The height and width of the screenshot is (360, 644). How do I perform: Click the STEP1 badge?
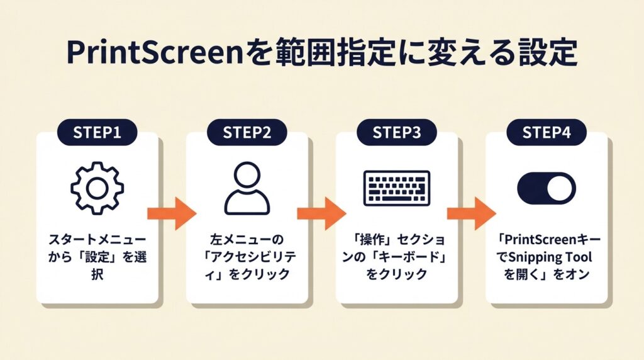point(97,133)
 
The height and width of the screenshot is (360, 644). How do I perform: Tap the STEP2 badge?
point(247,133)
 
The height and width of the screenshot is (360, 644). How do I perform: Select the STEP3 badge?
point(396,133)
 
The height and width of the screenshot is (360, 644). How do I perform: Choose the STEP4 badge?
point(546,133)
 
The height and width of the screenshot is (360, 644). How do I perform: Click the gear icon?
point(97,188)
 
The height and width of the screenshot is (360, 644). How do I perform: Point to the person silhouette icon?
point(247,188)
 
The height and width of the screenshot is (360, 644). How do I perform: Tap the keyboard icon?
point(396,188)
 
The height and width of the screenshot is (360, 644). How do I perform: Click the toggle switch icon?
point(546,188)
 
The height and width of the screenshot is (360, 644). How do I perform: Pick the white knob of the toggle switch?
point(560,188)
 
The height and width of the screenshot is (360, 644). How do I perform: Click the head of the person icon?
point(247,176)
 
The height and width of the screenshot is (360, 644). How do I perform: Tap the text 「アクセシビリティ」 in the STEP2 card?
point(247,257)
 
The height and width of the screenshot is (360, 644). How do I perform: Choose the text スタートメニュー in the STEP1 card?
point(97,240)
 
